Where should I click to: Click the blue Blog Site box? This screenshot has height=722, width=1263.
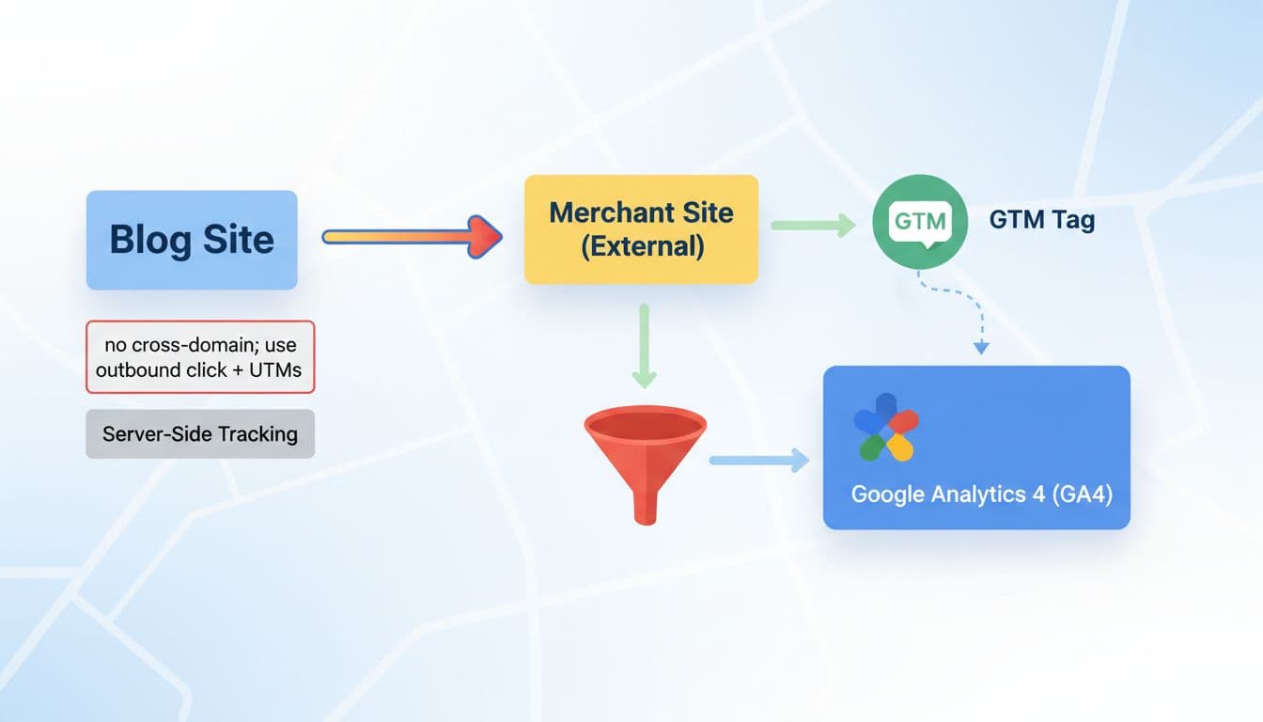click(x=192, y=240)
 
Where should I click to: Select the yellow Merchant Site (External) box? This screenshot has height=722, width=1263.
click(x=641, y=228)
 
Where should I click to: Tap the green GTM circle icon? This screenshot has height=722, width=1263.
click(x=920, y=222)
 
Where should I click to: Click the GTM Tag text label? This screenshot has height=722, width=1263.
click(x=1042, y=221)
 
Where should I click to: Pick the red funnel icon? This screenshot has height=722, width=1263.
click(x=645, y=451)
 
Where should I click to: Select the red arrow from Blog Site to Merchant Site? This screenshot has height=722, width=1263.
click(x=413, y=236)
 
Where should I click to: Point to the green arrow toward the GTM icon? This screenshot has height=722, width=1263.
click(x=813, y=225)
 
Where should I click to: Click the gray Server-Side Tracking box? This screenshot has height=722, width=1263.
click(x=200, y=434)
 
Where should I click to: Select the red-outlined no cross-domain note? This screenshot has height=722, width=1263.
click(x=200, y=356)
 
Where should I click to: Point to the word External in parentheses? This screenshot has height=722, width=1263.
click(x=642, y=246)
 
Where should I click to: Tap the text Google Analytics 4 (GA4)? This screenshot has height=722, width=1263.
click(x=981, y=494)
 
